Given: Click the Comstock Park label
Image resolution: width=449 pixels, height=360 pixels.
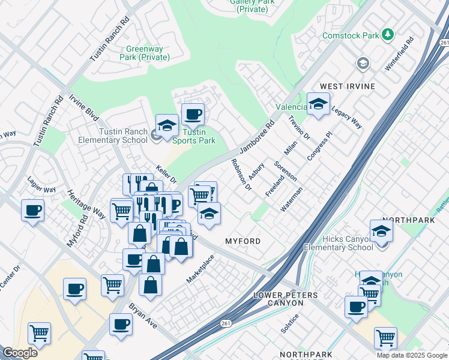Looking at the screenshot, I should tap(351, 35).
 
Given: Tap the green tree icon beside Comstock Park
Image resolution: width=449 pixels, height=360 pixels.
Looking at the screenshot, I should tap(388, 35).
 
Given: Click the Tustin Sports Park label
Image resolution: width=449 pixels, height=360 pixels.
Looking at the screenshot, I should tap(193, 136).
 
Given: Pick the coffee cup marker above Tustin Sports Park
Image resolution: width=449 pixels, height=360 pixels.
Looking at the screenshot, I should tap(193, 114).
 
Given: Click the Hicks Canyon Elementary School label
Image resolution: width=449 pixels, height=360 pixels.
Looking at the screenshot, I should tap(338, 243).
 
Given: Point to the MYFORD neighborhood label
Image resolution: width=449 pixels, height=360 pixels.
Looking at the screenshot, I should tap(243, 241).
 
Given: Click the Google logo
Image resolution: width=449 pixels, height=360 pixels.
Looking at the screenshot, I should tap(20, 353).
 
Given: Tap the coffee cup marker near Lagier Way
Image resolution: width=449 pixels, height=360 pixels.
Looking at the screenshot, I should tap(32, 210).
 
